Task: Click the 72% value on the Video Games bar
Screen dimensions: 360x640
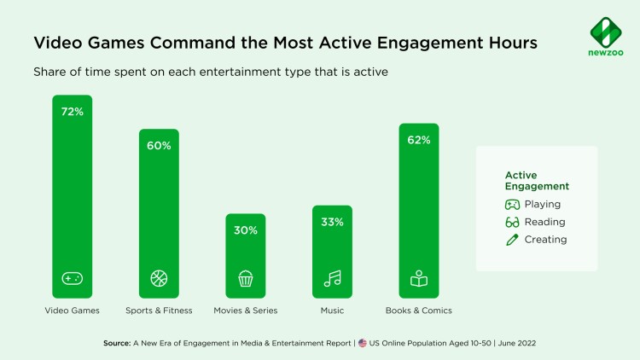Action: pyautogui.click(x=73, y=112)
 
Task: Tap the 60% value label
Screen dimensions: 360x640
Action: pyautogui.click(x=159, y=146)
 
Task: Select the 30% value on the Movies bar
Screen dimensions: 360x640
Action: pyautogui.click(x=245, y=230)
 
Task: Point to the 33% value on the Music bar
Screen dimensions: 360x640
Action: pyautogui.click(x=332, y=222)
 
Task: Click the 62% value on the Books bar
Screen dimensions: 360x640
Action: pyautogui.click(x=418, y=141)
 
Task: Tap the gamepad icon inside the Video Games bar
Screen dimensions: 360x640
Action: pyautogui.click(x=73, y=278)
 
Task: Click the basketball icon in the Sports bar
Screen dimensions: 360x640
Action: pyautogui.click(x=159, y=278)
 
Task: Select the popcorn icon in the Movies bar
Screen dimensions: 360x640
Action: pyautogui.click(x=245, y=278)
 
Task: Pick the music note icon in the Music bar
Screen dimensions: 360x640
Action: pyautogui.click(x=332, y=278)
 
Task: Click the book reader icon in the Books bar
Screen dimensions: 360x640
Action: pyautogui.click(x=418, y=278)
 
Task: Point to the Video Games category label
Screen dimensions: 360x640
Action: pyautogui.click(x=73, y=311)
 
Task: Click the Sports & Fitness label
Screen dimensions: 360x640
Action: pyautogui.click(x=159, y=311)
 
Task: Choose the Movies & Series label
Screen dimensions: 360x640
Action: pyautogui.click(x=245, y=311)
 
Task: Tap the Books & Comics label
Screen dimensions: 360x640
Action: pyautogui.click(x=418, y=311)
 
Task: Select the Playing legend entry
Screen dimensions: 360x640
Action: pyautogui.click(x=543, y=205)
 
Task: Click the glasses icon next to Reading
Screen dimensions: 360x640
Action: pyautogui.click(x=512, y=223)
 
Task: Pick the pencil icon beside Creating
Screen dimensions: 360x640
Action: pyautogui.click(x=512, y=240)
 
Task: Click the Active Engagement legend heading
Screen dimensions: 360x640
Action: pyautogui.click(x=537, y=180)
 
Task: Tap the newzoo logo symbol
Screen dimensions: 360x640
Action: pyautogui.click(x=606, y=32)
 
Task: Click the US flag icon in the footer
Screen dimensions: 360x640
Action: pyautogui.click(x=362, y=343)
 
